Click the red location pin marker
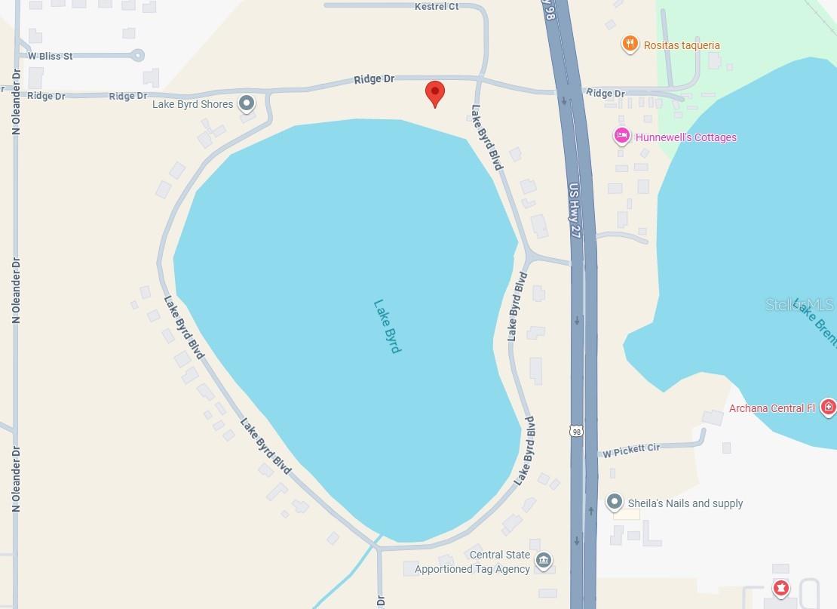434,93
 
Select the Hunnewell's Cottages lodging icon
622,137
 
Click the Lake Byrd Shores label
192,104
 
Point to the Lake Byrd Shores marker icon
247,103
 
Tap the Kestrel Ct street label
437,6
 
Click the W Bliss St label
51,56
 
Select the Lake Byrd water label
388,326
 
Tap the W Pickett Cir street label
631,451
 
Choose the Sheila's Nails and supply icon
615,502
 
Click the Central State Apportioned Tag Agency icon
543,561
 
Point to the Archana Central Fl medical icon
828,408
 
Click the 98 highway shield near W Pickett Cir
577,431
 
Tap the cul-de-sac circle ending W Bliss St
136,54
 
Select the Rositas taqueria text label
682,45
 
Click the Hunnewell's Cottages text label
685,137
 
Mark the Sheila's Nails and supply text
685,503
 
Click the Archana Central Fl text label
771,408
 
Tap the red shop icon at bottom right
781,586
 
